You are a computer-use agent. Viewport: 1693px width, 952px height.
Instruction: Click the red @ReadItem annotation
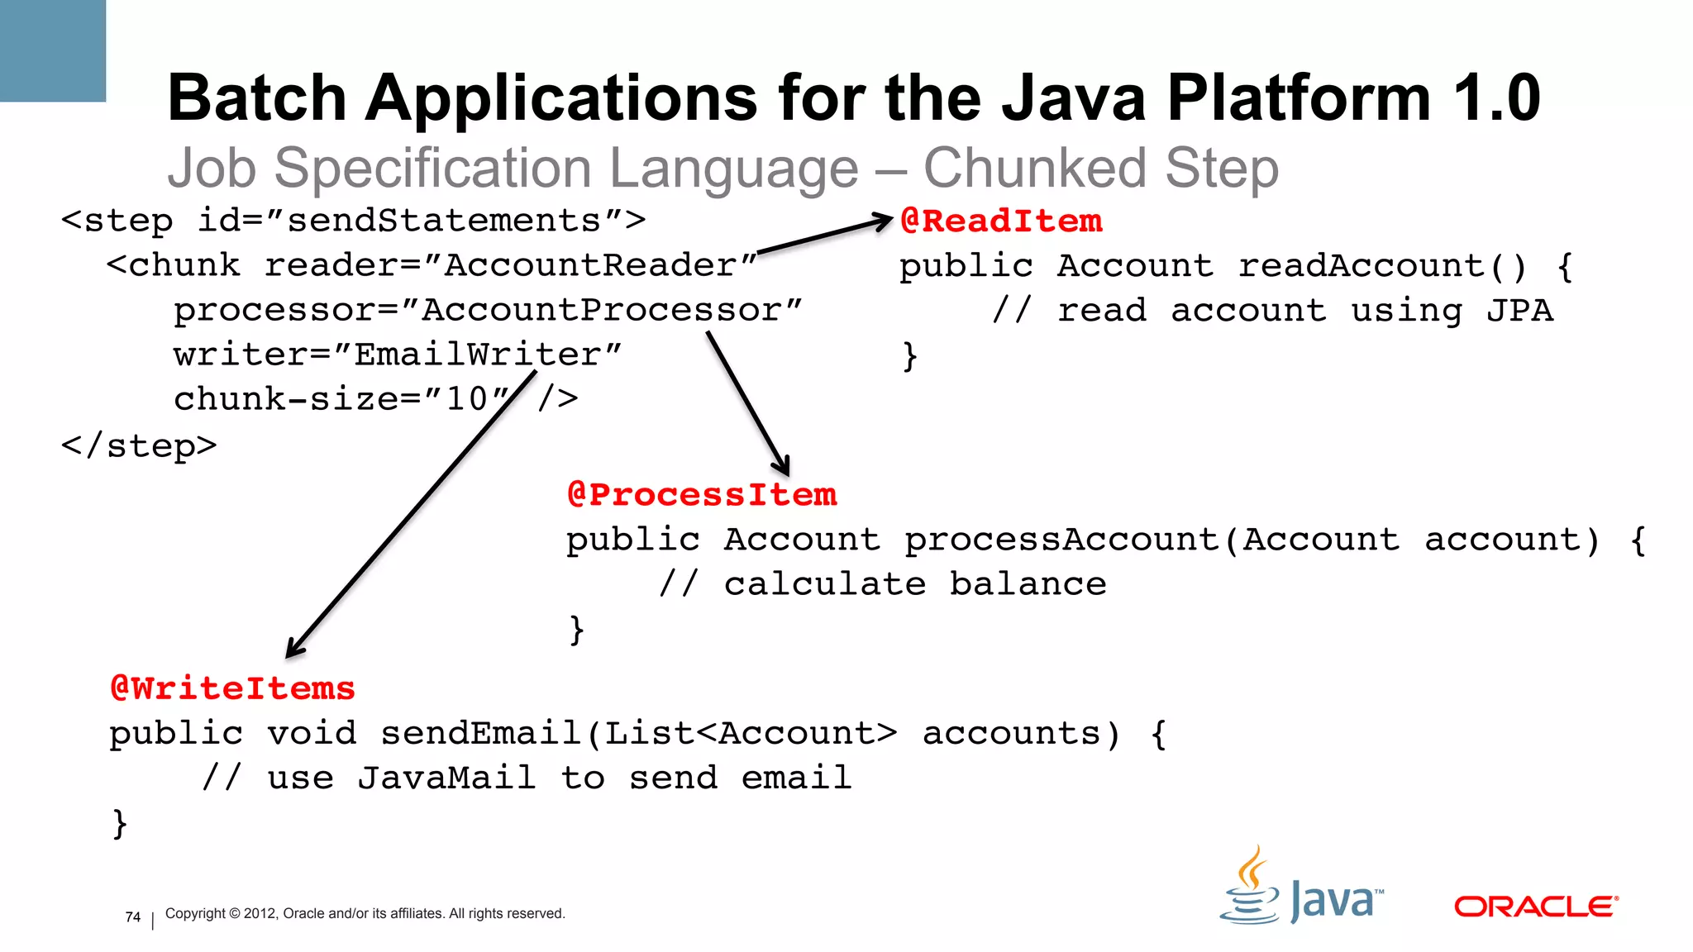click(x=1001, y=221)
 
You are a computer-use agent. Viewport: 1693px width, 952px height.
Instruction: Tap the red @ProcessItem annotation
click(x=702, y=495)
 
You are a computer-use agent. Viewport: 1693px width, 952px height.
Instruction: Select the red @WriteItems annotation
click(x=232, y=689)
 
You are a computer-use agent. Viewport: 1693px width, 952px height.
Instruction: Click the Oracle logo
click(x=1535, y=907)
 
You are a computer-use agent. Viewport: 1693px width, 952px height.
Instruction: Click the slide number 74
click(x=133, y=917)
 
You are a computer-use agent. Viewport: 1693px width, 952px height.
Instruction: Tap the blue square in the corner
click(x=52, y=50)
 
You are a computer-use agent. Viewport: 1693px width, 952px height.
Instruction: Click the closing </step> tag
click(x=139, y=446)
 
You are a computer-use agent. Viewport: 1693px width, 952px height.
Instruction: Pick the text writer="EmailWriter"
click(x=397, y=355)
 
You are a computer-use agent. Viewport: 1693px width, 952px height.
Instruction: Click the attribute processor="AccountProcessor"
click(x=488, y=311)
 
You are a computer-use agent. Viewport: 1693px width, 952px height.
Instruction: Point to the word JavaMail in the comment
click(x=446, y=778)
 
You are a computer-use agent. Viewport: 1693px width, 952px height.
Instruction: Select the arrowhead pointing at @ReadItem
click(x=885, y=221)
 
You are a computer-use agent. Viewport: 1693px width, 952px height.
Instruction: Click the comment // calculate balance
click(x=882, y=584)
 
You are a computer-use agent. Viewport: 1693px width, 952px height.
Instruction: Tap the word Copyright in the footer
click(x=195, y=914)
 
